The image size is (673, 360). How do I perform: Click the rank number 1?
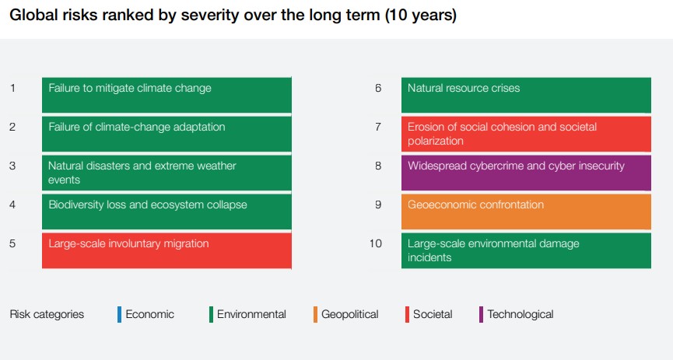click(13, 88)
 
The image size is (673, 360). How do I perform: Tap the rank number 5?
click(12, 243)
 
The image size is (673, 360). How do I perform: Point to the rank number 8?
click(378, 166)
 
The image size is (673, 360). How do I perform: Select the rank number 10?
click(376, 243)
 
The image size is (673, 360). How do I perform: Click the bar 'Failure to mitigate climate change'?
click(166, 95)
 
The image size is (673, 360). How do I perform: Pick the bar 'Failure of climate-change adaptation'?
click(166, 134)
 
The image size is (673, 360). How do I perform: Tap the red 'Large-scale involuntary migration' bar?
click(166, 250)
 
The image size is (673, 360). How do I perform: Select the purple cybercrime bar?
click(526, 173)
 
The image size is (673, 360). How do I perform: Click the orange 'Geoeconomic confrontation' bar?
click(526, 211)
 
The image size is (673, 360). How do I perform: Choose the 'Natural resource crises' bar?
click(526, 95)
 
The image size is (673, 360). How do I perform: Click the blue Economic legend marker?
click(119, 314)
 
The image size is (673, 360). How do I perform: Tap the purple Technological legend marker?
click(481, 314)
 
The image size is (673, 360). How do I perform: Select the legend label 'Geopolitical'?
click(350, 315)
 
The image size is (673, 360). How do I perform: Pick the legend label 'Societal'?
click(433, 314)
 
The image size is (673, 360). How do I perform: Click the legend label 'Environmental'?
click(251, 314)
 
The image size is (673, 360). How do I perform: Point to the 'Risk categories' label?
click(47, 315)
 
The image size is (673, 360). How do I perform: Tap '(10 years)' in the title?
click(421, 16)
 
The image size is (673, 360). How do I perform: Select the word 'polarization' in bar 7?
click(436, 142)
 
